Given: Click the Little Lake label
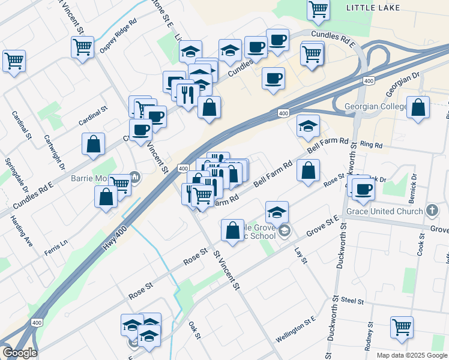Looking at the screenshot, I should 373,7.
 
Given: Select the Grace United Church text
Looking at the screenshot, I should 385,211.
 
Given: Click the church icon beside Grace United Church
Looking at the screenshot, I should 432,211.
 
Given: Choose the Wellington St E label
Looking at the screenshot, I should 295,332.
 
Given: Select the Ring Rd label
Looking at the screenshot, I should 371,145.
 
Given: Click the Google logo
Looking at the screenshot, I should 19,353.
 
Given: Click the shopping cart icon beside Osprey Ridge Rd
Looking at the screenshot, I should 82,47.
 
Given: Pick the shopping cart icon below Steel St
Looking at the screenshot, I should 402,328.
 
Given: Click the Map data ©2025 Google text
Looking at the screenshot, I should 411,355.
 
